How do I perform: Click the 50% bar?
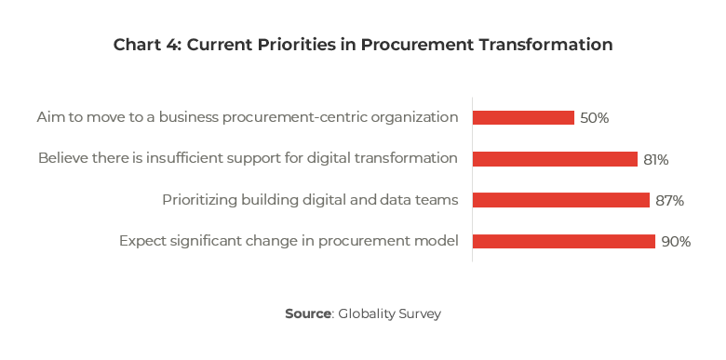[523, 118]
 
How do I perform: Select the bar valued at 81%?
[555, 159]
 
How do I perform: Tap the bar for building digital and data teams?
[560, 200]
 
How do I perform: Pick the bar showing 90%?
[563, 241]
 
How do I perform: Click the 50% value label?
[594, 118]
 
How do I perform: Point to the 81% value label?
[655, 159]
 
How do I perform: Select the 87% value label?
[669, 200]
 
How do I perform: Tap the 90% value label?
[676, 241]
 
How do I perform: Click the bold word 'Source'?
[308, 313]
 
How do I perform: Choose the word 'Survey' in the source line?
[420, 313]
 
